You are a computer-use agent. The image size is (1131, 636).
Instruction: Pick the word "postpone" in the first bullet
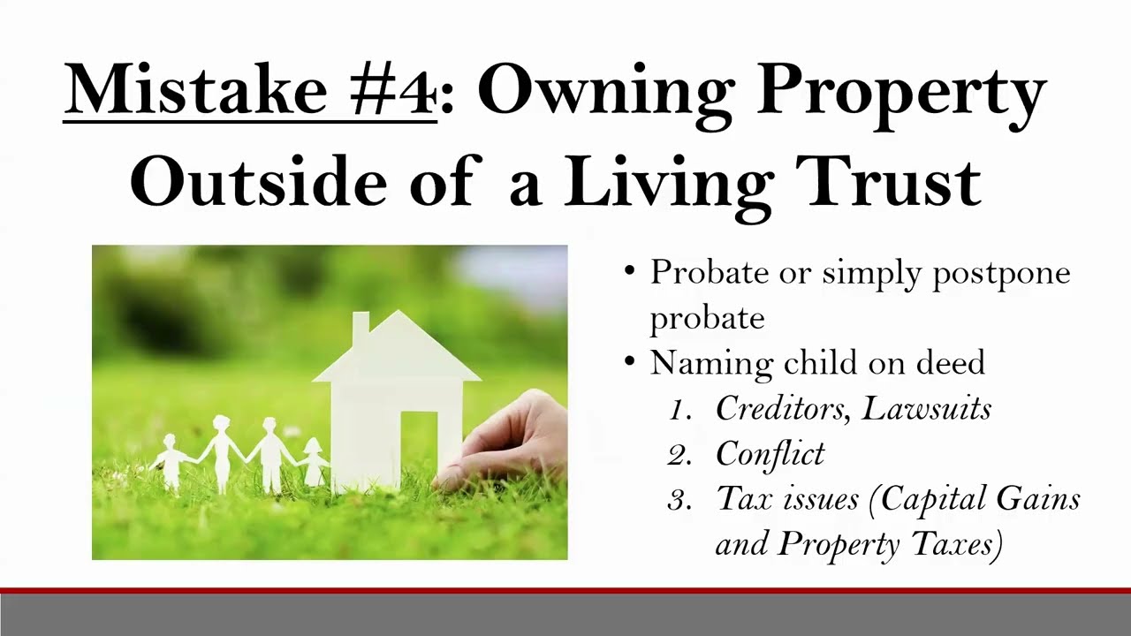(x=1001, y=273)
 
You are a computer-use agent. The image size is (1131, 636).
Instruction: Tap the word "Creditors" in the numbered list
(x=783, y=408)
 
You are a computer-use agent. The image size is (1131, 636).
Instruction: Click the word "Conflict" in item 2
(x=770, y=454)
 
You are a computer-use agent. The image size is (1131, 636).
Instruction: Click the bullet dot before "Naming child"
(x=629, y=361)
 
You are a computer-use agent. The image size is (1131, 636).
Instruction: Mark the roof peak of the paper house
(x=399, y=313)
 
